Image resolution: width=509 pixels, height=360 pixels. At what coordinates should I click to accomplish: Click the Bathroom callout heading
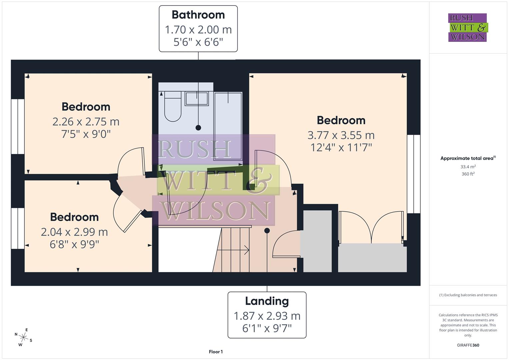pos(198,15)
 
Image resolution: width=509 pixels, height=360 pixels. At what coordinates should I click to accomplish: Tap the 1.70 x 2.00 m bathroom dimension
pos(198,30)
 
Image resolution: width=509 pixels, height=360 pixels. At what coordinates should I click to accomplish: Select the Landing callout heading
pos(267,301)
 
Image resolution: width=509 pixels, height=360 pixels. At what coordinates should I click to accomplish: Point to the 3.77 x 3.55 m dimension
pos(341,135)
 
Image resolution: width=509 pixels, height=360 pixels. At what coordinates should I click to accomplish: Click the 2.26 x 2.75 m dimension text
pos(86,122)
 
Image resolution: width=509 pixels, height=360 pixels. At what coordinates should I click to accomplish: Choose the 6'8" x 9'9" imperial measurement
pos(74,244)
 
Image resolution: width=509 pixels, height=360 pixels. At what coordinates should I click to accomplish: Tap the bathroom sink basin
pos(197,99)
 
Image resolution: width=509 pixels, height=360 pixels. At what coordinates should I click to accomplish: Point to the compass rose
pos(23,337)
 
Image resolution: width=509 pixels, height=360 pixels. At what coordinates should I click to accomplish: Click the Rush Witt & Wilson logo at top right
pos(467,28)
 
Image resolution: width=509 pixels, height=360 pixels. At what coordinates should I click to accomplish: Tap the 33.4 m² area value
pos(468,167)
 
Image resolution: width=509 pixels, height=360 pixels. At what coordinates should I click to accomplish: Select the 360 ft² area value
pos(468,174)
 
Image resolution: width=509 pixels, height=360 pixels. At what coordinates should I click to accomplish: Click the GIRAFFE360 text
pos(468,345)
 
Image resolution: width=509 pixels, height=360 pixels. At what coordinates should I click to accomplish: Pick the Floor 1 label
pos(216,352)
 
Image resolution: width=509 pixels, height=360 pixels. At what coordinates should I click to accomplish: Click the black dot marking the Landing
pos(267,231)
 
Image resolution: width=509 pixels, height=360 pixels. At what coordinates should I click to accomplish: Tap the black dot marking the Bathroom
pos(198,128)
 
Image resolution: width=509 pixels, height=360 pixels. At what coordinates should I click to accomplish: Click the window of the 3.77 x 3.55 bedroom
pos(414,174)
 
